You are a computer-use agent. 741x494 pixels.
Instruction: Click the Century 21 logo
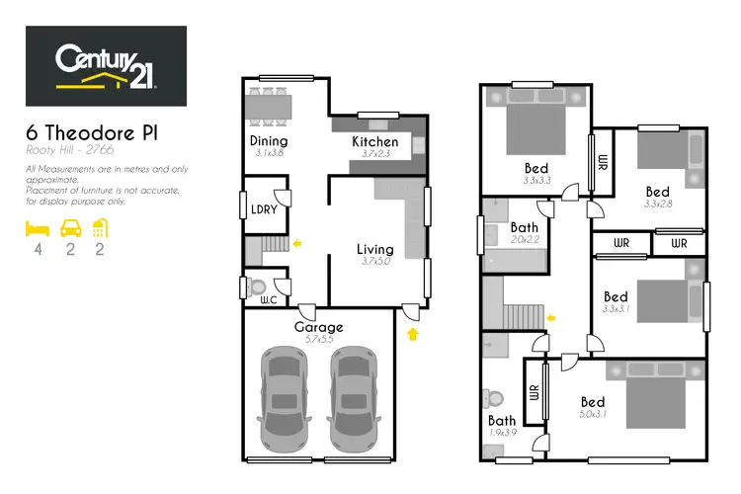click(x=106, y=66)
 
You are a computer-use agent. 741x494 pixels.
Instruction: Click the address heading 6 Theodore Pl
click(x=91, y=131)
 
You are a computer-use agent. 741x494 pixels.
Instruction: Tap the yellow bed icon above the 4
click(x=38, y=229)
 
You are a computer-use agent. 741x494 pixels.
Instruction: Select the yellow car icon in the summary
click(x=70, y=229)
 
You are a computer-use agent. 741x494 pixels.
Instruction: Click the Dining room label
click(x=268, y=141)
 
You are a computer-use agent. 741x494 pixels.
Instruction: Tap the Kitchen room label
click(x=375, y=142)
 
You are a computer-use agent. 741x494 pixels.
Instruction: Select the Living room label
click(x=374, y=250)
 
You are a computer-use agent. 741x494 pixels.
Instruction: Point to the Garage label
click(x=318, y=327)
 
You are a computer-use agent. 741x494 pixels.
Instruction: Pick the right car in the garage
click(x=353, y=398)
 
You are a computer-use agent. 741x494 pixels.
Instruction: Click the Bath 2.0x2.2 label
click(x=525, y=228)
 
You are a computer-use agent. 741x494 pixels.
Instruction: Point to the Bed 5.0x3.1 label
click(x=593, y=402)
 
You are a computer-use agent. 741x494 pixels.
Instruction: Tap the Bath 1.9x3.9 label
click(x=502, y=421)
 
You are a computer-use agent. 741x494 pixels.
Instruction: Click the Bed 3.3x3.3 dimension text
click(x=536, y=181)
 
